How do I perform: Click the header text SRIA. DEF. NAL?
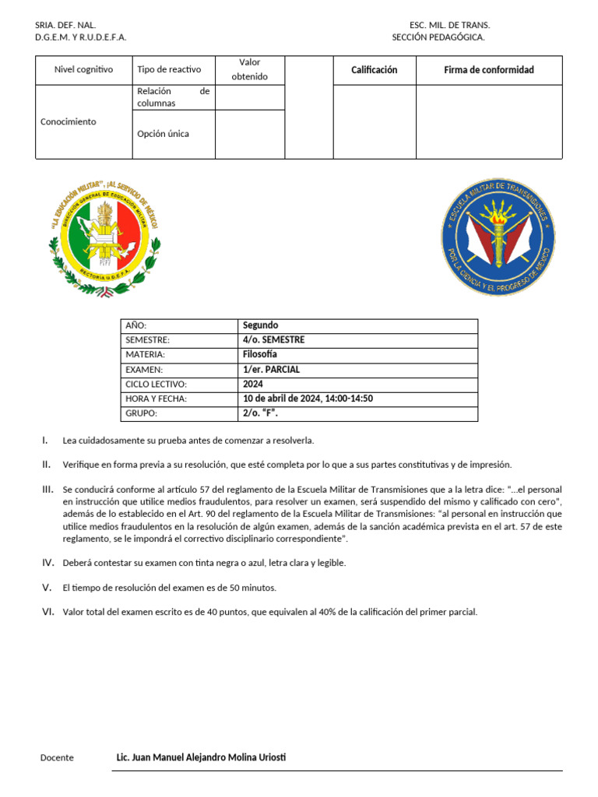pos(65,25)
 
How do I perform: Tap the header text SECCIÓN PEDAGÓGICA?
pos(438,37)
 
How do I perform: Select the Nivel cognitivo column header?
pos(83,70)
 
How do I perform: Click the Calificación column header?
pos(374,70)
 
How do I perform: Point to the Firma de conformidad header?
pos(489,70)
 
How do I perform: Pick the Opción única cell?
pos(163,134)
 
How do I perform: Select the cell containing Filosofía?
pos(260,355)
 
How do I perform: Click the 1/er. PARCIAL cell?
pos(271,370)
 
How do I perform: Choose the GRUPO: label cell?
pos(142,414)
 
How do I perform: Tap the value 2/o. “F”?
pos(260,414)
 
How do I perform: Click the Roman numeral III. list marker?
pos(47,489)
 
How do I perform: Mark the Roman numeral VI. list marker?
pos(47,612)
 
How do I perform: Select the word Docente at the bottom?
pos(57,758)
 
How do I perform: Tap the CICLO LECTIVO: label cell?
pos(157,384)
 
